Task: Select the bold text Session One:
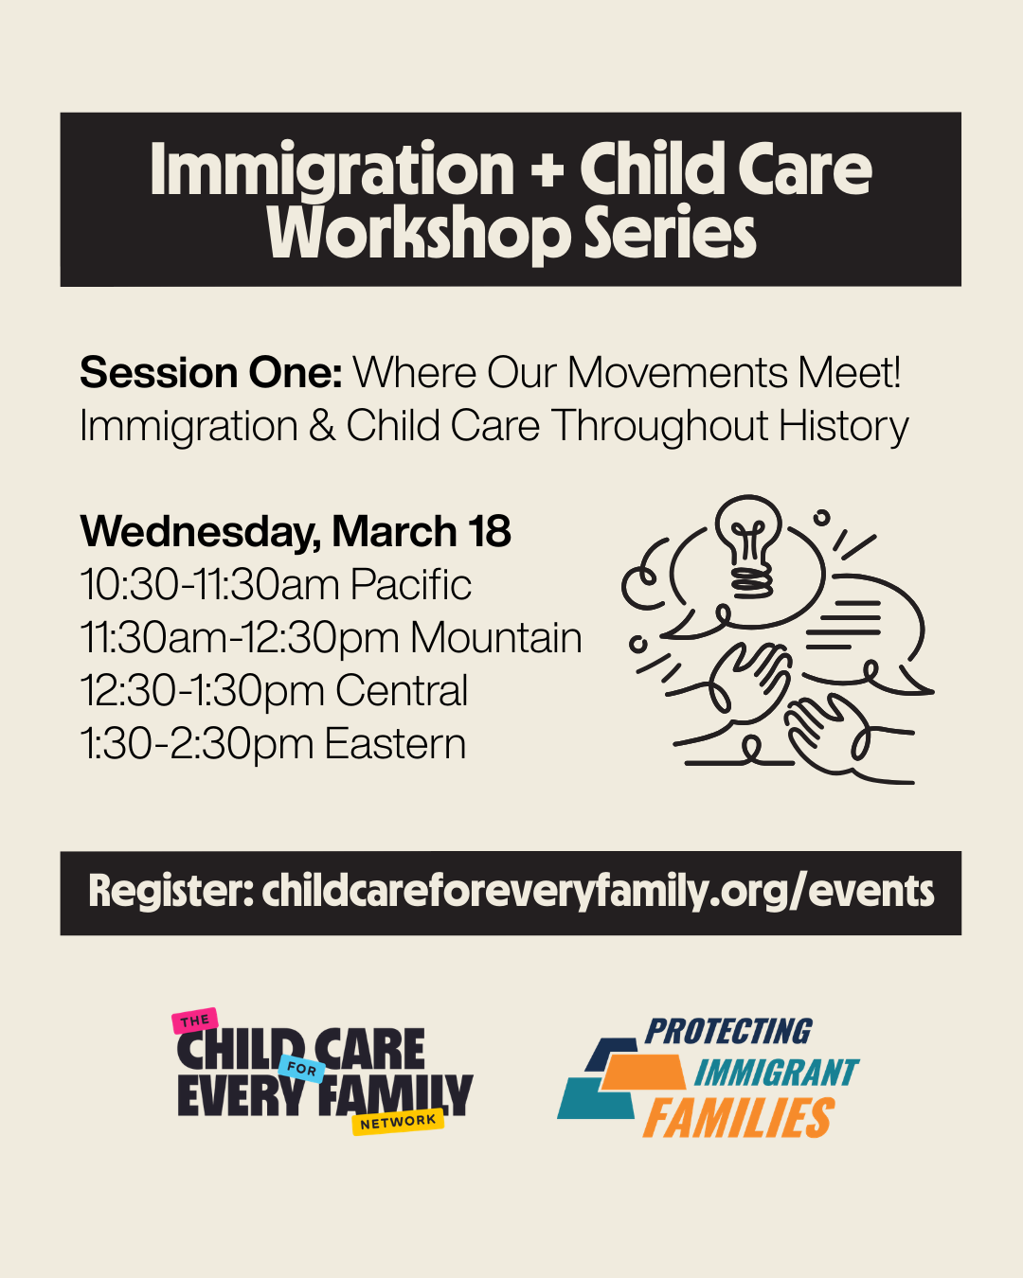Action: coord(211,373)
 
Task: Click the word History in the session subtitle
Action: coord(843,428)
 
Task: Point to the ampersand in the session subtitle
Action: coord(322,426)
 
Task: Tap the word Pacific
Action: coord(411,584)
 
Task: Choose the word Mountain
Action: coord(496,638)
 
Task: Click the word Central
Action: coord(402,690)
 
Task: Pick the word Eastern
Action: coord(395,743)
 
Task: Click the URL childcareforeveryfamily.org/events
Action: coord(598,892)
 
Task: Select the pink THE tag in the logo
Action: coord(195,1021)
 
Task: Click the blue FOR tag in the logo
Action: coord(302,1069)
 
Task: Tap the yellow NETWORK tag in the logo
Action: coord(398,1122)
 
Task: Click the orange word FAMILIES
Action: coord(740,1118)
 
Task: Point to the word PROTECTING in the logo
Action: coord(728,1032)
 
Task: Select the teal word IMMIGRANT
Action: coord(777,1073)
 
